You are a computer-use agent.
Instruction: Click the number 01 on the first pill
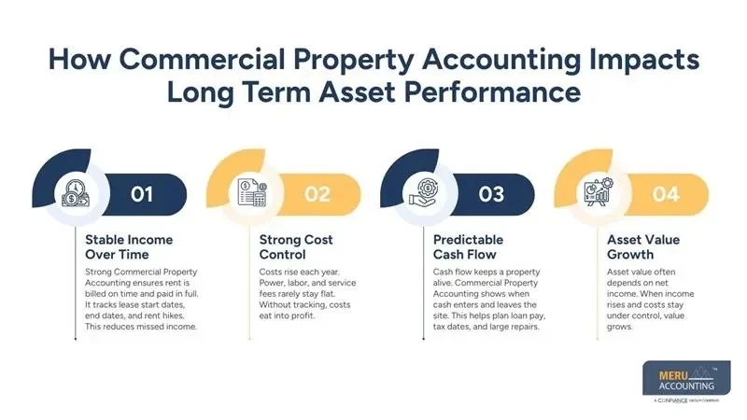click(141, 194)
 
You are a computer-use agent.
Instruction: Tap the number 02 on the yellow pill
click(319, 194)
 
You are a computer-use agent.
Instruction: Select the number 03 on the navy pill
click(492, 194)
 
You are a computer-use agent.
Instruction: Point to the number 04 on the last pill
click(667, 194)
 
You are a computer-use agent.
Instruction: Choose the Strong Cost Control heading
click(296, 247)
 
